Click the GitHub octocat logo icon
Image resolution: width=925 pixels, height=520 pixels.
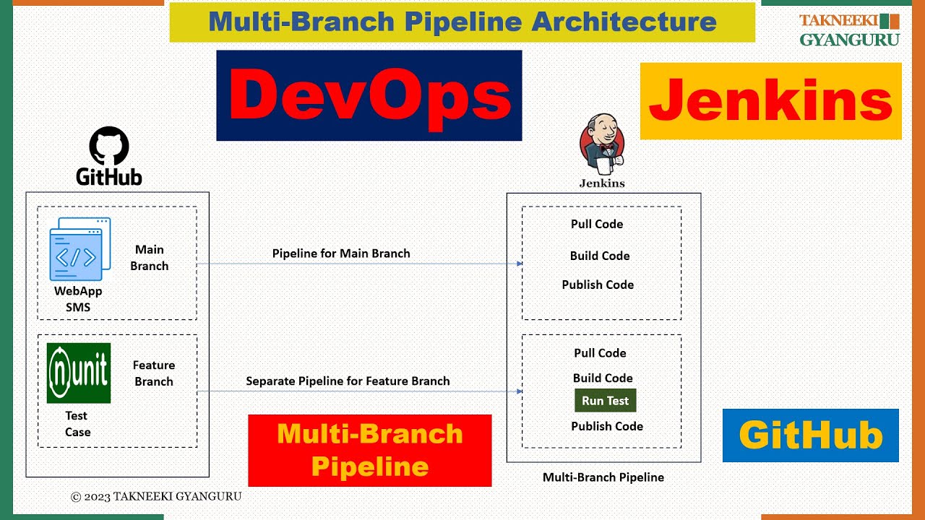tap(109, 146)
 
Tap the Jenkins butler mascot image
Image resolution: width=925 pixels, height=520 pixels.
tap(601, 144)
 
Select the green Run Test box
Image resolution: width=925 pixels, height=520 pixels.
tap(606, 401)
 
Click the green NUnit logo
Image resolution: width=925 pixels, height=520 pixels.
tap(79, 373)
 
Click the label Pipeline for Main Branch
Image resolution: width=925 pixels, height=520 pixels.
tap(341, 253)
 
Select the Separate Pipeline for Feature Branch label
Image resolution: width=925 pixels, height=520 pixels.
tap(348, 381)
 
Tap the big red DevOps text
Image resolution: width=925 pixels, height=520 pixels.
tap(369, 95)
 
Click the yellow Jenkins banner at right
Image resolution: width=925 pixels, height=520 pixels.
tap(770, 101)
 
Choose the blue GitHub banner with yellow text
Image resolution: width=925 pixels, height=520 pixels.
tap(810, 435)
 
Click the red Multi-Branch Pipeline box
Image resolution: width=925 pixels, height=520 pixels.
tap(370, 450)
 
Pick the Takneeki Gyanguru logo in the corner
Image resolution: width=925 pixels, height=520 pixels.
tap(849, 30)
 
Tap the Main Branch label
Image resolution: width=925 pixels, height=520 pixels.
tap(150, 258)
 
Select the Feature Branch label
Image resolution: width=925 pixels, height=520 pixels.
tap(154, 373)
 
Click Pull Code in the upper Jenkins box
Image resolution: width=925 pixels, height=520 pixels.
tap(597, 224)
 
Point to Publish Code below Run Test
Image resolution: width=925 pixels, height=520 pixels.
tap(607, 426)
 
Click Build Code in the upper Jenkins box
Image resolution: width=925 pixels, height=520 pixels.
tap(600, 256)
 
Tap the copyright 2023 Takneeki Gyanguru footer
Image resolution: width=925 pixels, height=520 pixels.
tap(156, 497)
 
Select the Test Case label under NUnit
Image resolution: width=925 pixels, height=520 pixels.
tap(77, 424)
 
